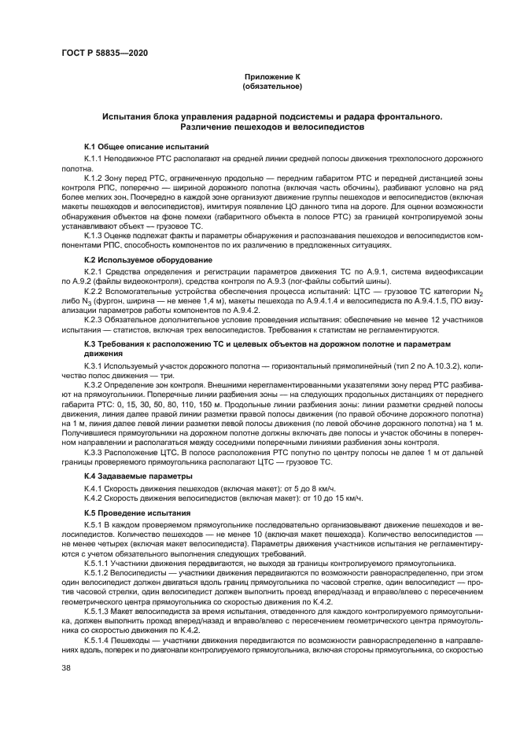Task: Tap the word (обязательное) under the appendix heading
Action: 271,86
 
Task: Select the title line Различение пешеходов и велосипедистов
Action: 271,127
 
